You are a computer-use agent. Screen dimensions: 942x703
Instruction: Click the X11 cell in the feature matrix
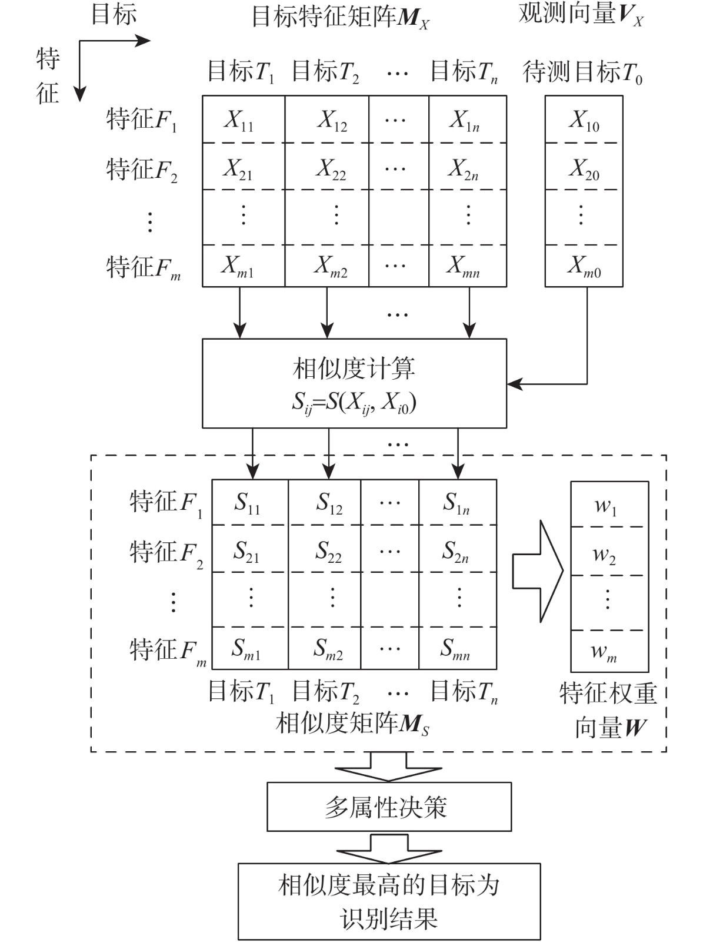click(x=243, y=120)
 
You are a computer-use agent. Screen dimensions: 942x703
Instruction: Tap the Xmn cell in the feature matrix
click(x=467, y=266)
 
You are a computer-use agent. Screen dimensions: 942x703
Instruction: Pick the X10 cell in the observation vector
click(x=584, y=120)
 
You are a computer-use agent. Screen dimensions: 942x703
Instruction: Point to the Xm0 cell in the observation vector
click(x=584, y=266)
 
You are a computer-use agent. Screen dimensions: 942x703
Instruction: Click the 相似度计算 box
click(x=354, y=383)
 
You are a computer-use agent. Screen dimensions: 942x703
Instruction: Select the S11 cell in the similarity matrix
click(x=249, y=503)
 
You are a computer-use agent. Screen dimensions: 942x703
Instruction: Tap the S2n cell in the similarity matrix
click(x=458, y=549)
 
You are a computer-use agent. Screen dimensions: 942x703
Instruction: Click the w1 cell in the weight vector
click(x=609, y=505)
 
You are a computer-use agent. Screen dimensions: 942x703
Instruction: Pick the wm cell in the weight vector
click(x=609, y=651)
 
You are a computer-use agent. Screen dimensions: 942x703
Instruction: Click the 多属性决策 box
click(x=389, y=807)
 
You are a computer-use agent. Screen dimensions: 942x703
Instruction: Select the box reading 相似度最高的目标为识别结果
click(x=389, y=901)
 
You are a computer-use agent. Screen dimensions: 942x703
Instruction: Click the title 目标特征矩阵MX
click(x=341, y=18)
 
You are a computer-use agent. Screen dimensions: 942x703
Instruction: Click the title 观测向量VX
click(x=581, y=14)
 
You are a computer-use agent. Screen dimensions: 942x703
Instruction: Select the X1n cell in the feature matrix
click(x=467, y=120)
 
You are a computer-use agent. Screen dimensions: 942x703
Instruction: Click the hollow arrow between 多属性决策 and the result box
click(x=389, y=848)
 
